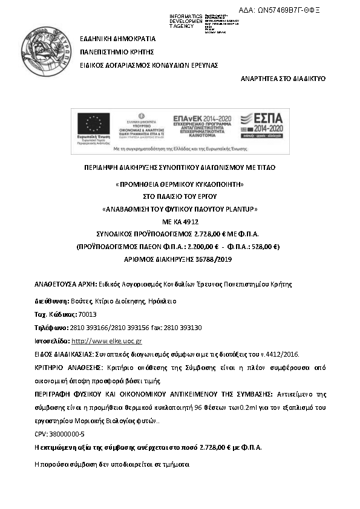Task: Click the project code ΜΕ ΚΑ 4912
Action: tap(179, 221)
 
